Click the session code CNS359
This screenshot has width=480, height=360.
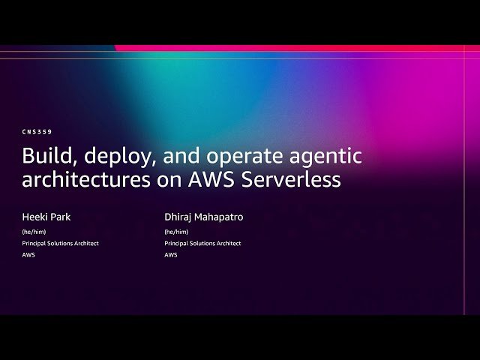point(37,132)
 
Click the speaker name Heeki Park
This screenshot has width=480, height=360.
point(46,217)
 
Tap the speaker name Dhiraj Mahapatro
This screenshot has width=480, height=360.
point(204,217)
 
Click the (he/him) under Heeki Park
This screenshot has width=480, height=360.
point(34,232)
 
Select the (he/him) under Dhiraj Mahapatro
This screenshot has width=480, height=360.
point(176,232)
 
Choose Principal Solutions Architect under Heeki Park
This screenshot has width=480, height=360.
point(60,243)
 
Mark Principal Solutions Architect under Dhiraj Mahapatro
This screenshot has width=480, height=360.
point(202,243)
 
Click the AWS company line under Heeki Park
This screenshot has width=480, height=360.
point(28,255)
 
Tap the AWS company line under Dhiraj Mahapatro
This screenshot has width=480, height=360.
point(171,255)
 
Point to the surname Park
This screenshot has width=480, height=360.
point(60,217)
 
